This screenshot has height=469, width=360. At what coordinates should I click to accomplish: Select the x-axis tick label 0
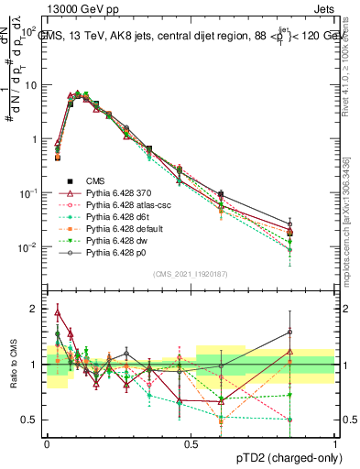pyautogui.click(x=47, y=443)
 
